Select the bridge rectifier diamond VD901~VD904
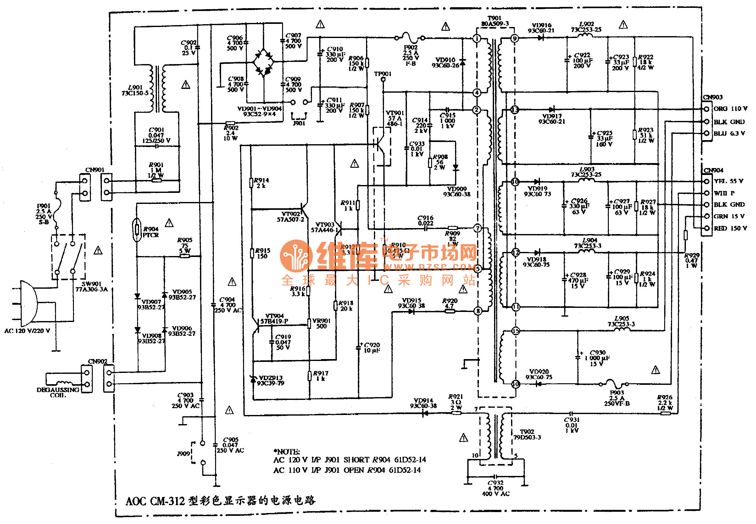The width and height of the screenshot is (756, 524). click(x=263, y=62)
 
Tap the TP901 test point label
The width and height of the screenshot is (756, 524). click(x=382, y=74)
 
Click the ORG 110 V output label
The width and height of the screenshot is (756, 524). click(x=730, y=109)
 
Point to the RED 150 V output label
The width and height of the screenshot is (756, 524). click(x=730, y=228)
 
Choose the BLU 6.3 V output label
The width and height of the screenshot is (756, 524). click(x=729, y=133)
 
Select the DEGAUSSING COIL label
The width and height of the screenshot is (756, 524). click(x=58, y=392)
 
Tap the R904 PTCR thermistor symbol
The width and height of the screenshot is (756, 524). click(x=137, y=230)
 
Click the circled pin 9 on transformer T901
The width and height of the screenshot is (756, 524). click(x=514, y=38)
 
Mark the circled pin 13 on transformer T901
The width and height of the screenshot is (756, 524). click(x=514, y=109)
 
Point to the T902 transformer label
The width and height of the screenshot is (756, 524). click(x=527, y=434)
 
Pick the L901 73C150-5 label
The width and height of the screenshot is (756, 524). click(x=135, y=90)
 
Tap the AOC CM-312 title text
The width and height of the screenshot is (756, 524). click(x=220, y=501)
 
